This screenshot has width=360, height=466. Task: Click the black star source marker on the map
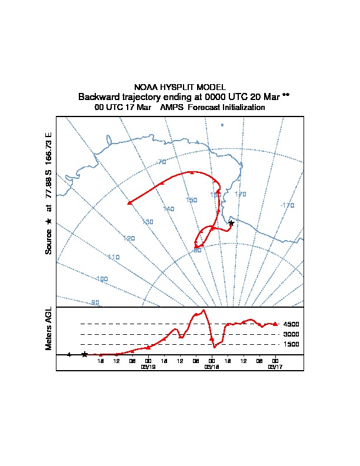[231, 223]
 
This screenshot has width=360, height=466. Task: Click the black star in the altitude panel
[85, 354]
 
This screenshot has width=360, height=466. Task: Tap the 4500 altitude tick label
[291, 324]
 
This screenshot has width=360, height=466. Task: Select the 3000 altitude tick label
[291, 334]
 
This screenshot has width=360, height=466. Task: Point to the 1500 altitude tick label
[291, 344]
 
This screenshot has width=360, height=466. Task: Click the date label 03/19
[148, 366]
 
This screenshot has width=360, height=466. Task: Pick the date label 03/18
[211, 366]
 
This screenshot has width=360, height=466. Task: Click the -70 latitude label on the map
[161, 162]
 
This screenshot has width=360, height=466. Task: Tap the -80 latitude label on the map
[197, 250]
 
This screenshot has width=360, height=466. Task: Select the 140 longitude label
[169, 209]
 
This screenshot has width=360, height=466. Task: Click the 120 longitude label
[129, 238]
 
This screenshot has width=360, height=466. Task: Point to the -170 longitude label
[287, 205]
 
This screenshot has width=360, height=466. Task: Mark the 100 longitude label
[102, 278]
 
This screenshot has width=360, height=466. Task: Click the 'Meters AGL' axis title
[49, 328]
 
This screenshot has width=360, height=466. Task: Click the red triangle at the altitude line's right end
[275, 324]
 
